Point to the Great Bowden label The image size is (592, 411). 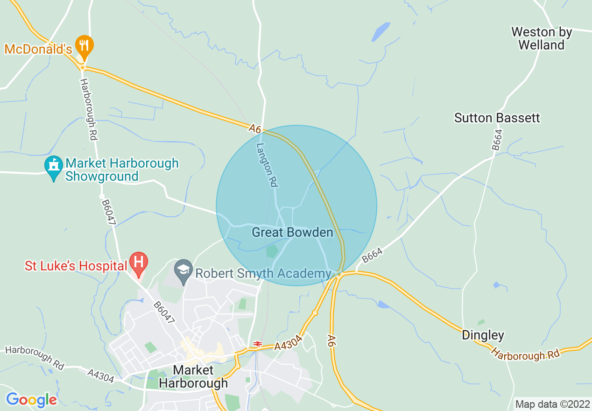point(292,232)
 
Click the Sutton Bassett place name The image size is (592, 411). point(497,118)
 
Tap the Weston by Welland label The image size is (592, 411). point(541,39)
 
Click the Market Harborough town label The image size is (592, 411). point(193,376)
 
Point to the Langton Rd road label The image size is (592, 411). point(266,165)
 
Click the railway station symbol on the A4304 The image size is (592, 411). point(257,344)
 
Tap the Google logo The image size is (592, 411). point(31,399)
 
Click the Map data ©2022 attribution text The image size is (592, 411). point(552,404)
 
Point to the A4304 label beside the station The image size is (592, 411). point(289,343)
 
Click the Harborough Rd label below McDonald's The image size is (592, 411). point(87,109)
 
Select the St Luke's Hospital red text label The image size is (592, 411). point(76,266)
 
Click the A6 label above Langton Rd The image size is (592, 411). point(254,128)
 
